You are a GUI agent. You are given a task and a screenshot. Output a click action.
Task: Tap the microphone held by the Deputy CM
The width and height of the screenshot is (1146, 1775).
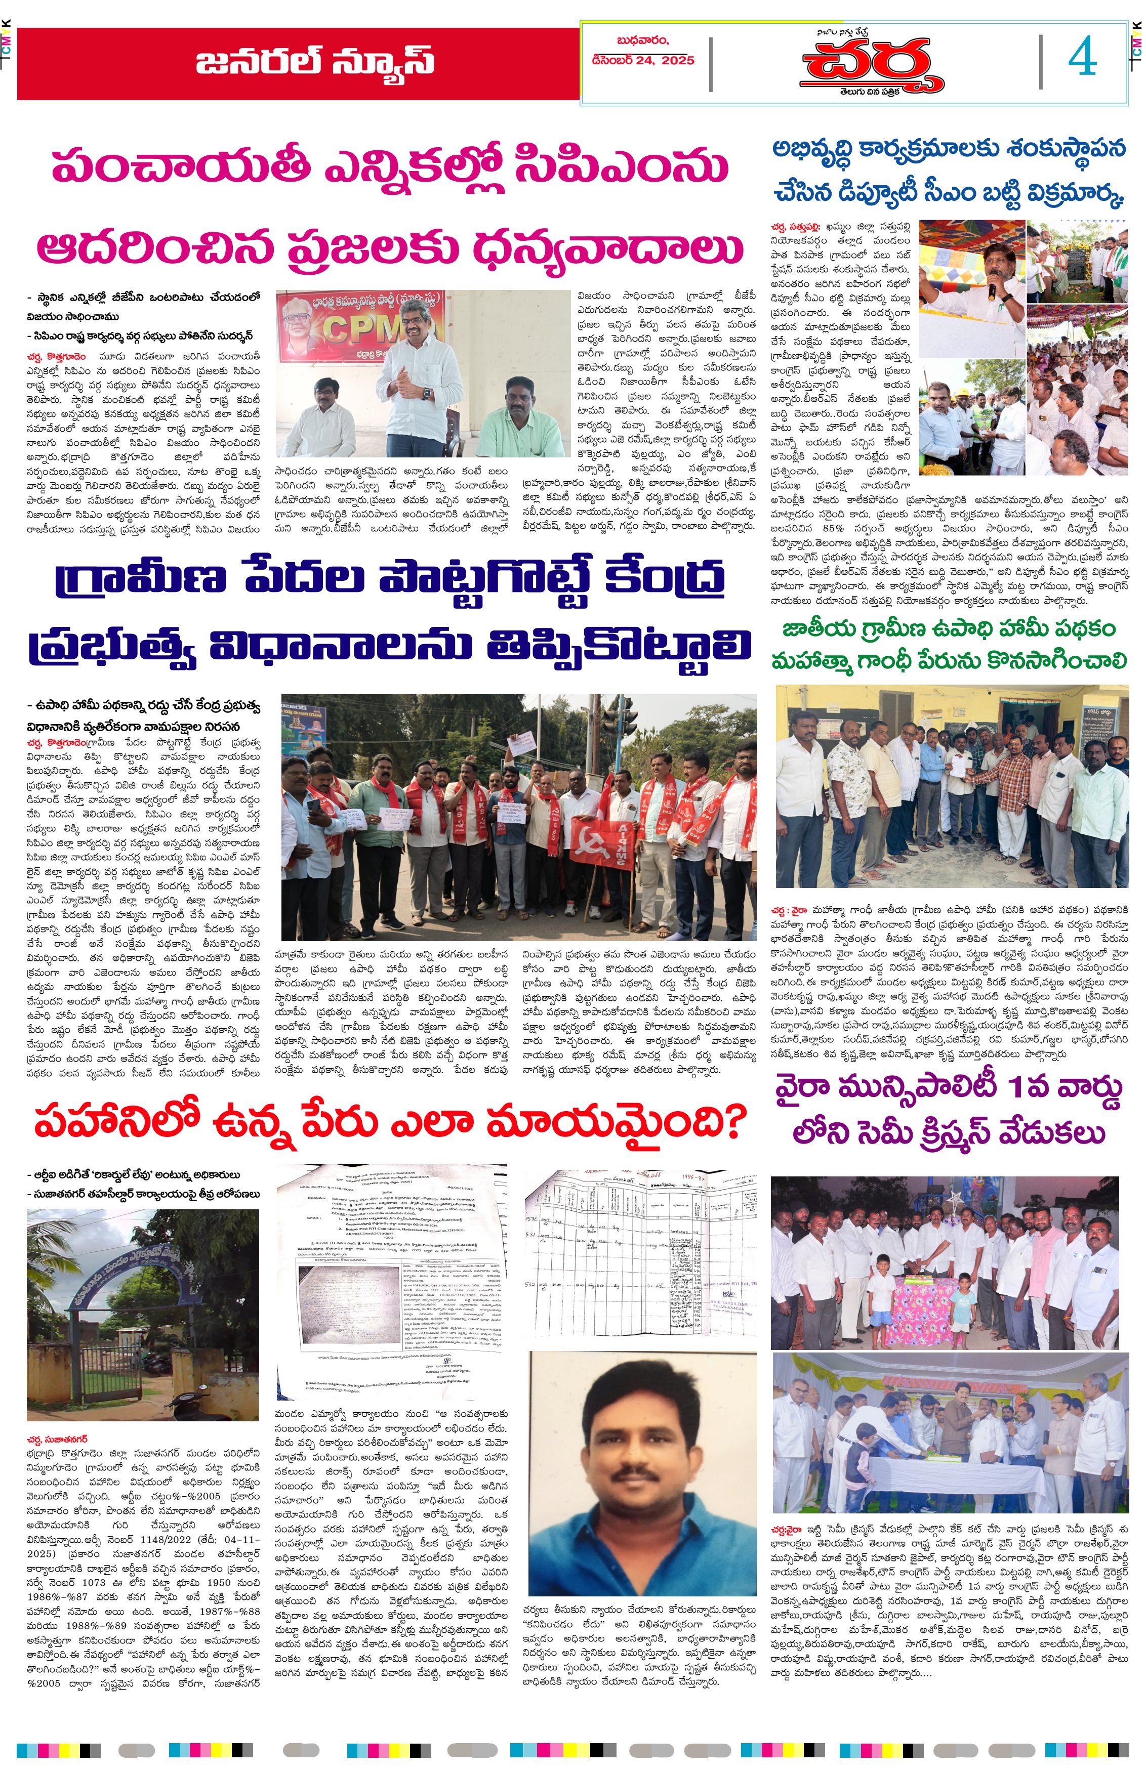(x=992, y=289)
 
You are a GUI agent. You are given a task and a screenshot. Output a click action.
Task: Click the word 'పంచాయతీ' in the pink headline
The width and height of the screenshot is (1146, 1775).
(x=182, y=166)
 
